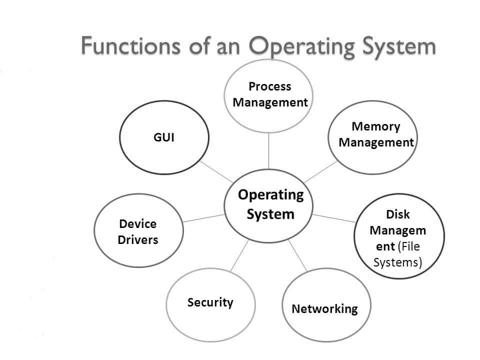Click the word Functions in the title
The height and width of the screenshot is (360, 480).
(x=125, y=46)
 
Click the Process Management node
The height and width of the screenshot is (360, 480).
(x=269, y=95)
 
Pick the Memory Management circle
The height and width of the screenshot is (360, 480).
(x=372, y=135)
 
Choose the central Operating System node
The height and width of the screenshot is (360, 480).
(x=270, y=205)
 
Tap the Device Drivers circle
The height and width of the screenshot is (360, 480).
(x=138, y=231)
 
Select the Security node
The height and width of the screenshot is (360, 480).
(x=210, y=303)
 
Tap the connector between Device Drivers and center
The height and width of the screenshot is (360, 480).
(x=203, y=217)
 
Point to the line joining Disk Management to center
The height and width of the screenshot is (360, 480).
(x=333, y=218)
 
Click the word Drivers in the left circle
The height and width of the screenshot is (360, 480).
(x=138, y=239)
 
